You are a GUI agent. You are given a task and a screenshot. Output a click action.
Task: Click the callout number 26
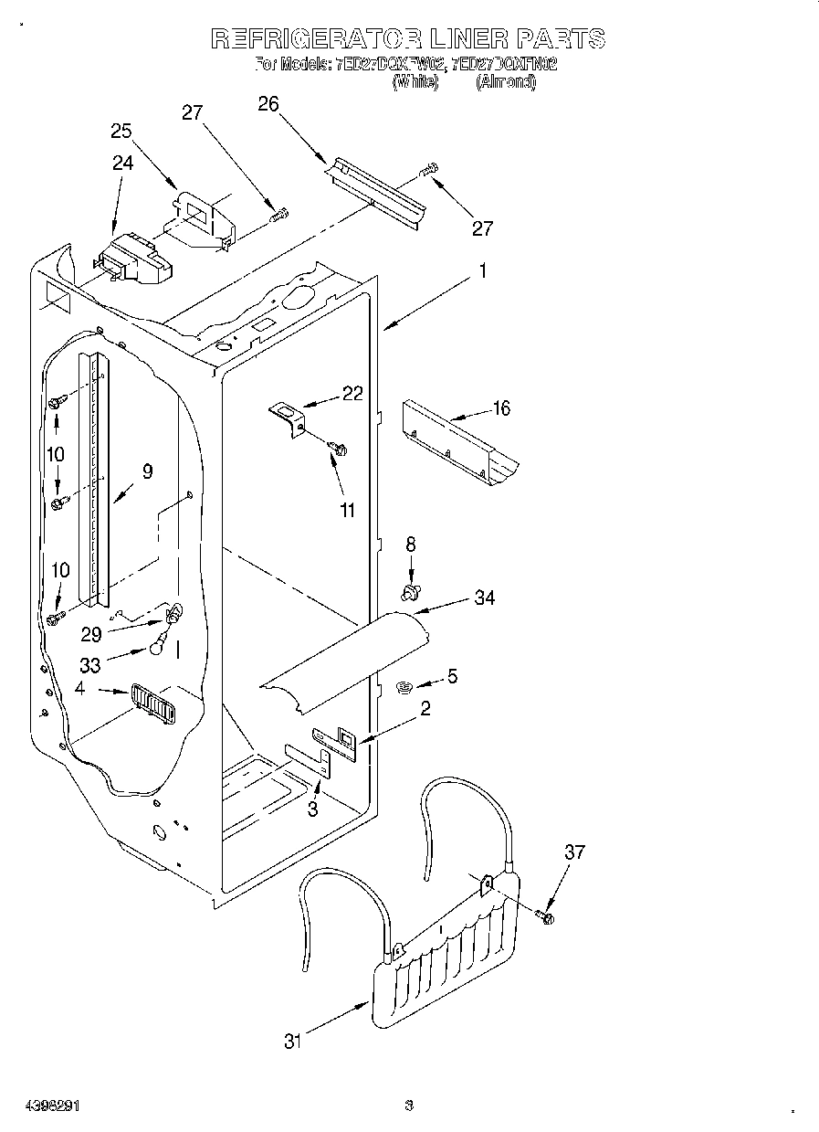click(x=268, y=104)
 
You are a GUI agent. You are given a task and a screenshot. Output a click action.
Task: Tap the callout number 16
click(x=502, y=408)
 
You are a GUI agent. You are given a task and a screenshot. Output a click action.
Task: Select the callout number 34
click(x=485, y=598)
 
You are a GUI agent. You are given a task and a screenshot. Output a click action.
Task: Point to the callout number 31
click(x=292, y=1041)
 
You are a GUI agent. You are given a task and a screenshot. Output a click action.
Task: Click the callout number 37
click(x=573, y=852)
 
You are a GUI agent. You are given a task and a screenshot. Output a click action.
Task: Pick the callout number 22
click(x=352, y=394)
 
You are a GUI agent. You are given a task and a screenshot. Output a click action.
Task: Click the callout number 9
click(x=147, y=471)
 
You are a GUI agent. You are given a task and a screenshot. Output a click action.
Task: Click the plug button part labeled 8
click(x=411, y=595)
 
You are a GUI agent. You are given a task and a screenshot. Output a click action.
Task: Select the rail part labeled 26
click(x=376, y=191)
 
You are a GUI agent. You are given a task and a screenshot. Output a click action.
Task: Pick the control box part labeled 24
click(x=135, y=259)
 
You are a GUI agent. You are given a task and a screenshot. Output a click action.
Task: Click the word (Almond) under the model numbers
click(x=505, y=82)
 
